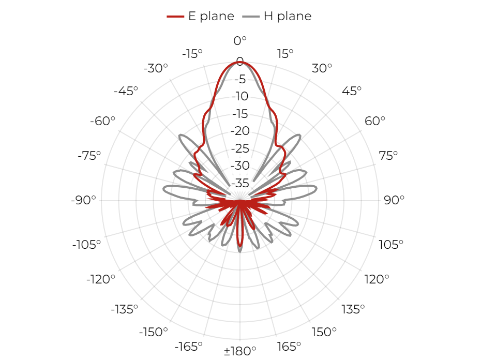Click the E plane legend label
click(211, 16)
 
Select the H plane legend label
click(288, 16)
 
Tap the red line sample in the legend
click(175, 17)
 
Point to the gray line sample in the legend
click(251, 17)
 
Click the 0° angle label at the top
click(240, 40)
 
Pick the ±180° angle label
click(240, 351)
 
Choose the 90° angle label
click(394, 200)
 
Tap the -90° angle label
click(83, 200)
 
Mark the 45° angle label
click(352, 91)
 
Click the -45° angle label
click(126, 91)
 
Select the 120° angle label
click(377, 279)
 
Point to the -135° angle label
click(125, 309)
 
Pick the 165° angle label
click(289, 347)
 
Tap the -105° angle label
click(86, 245)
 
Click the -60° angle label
click(102, 121)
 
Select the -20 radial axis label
click(240, 131)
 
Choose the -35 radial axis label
click(240, 183)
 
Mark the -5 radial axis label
click(240, 79)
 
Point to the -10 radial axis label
click(240, 96)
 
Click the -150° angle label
click(154, 332)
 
